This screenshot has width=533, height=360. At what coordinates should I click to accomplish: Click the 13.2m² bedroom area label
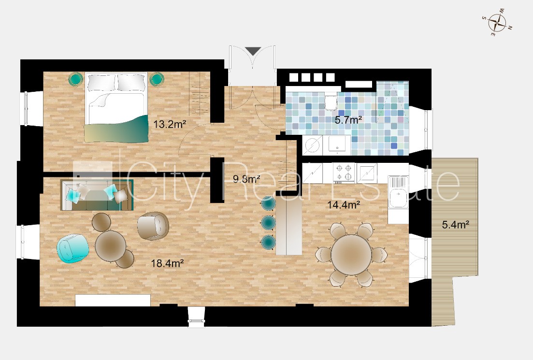click(x=170, y=124)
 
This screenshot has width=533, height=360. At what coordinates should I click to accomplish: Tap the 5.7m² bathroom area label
click(x=348, y=120)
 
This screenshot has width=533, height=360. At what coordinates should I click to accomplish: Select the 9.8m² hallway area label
click(x=246, y=178)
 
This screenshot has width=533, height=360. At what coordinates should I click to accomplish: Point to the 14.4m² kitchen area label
click(x=344, y=205)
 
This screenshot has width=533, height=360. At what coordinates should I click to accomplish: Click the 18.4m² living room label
click(x=167, y=263)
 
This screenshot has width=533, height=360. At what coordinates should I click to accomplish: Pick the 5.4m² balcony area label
click(x=456, y=224)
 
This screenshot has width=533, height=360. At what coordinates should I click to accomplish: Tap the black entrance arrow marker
click(x=253, y=51)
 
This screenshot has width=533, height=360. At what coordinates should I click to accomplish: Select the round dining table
click(x=351, y=252)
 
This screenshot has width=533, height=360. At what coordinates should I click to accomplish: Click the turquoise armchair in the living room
click(x=73, y=248)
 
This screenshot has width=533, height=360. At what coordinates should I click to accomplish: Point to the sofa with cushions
click(x=97, y=195)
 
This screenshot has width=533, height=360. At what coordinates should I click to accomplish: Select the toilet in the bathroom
click(x=330, y=103)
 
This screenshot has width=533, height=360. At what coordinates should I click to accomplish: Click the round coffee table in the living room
click(x=111, y=245)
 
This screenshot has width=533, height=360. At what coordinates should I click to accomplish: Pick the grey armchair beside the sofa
click(x=153, y=226)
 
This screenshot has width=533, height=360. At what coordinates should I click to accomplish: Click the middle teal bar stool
click(x=268, y=222)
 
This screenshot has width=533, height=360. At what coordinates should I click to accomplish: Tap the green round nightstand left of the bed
click(x=75, y=79)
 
